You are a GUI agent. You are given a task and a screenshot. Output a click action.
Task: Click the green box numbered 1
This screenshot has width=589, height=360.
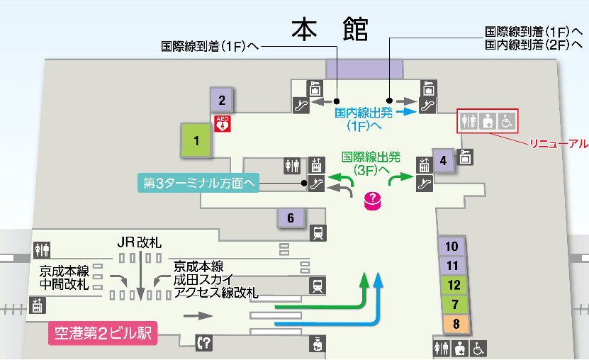(x=196, y=140)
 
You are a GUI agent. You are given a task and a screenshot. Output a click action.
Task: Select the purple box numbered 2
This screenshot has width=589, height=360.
(x=222, y=100)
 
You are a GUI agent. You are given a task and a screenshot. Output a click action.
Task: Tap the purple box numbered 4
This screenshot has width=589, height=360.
(x=443, y=160)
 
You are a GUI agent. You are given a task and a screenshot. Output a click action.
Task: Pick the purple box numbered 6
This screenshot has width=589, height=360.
(x=291, y=218)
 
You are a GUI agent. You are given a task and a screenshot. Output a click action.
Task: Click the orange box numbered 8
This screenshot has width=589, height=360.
(x=456, y=325)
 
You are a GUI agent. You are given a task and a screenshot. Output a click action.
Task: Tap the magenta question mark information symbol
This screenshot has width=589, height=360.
(x=371, y=201)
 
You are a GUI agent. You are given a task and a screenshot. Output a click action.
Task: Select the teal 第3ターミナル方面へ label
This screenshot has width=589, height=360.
(x=198, y=183)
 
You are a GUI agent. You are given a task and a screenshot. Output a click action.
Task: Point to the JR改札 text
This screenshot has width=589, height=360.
(x=140, y=243)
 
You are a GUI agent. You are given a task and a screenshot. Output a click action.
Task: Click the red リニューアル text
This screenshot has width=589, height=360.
(x=559, y=143)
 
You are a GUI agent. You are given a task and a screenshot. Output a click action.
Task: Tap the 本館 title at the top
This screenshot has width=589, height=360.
(x=330, y=30)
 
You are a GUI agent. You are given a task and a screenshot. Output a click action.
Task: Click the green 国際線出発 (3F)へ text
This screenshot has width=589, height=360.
(x=371, y=164)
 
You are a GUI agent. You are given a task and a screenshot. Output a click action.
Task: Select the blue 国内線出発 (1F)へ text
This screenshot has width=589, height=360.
(x=364, y=119)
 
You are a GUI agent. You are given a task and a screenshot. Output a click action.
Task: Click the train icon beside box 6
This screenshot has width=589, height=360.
(x=318, y=232)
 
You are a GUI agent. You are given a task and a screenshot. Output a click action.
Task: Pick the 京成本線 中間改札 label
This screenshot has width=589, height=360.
(x=64, y=278)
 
